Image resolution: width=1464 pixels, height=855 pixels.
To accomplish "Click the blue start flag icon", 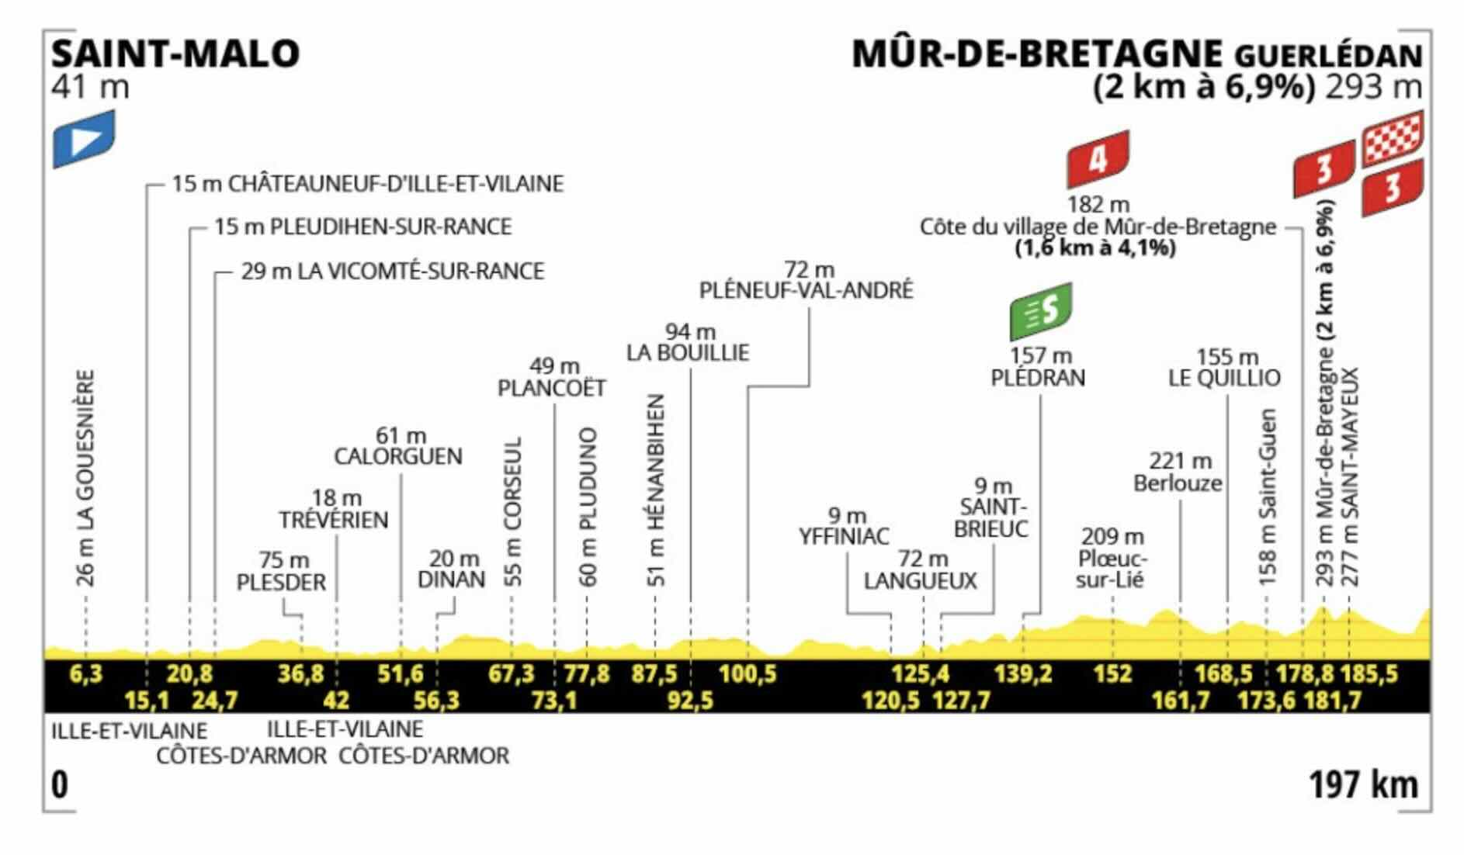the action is click(x=84, y=138).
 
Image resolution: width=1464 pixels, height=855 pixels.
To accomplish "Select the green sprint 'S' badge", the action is click(x=1040, y=310).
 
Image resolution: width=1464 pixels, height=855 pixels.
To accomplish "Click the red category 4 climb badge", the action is click(x=1098, y=159).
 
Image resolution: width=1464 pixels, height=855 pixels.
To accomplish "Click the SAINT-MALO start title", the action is click(x=175, y=54).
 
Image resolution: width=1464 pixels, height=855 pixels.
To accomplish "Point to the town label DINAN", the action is click(x=451, y=580).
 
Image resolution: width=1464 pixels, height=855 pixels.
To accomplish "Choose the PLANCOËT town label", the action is click(x=551, y=388).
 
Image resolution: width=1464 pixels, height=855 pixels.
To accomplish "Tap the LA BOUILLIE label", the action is click(x=688, y=352).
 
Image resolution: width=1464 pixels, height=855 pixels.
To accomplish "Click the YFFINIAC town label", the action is click(x=845, y=536).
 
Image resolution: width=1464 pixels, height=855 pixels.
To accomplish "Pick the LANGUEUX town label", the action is click(x=921, y=580).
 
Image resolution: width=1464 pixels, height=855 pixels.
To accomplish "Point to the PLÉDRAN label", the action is click(x=1038, y=377).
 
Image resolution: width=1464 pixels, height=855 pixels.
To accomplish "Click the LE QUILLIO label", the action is click(x=1224, y=378).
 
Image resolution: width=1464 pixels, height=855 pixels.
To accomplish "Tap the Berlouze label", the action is click(x=1178, y=483).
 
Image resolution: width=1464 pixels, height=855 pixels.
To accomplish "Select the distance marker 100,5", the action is click(x=748, y=673).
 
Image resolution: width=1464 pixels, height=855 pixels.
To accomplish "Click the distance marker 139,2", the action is click(x=1023, y=673).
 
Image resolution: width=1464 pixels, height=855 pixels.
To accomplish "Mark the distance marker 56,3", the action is click(x=436, y=701).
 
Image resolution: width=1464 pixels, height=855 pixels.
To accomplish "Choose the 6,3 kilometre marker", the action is click(x=85, y=673).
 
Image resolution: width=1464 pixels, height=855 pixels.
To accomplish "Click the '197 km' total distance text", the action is click(x=1363, y=785).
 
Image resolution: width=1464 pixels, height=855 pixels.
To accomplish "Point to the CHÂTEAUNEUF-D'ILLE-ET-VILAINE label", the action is click(x=368, y=184).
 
